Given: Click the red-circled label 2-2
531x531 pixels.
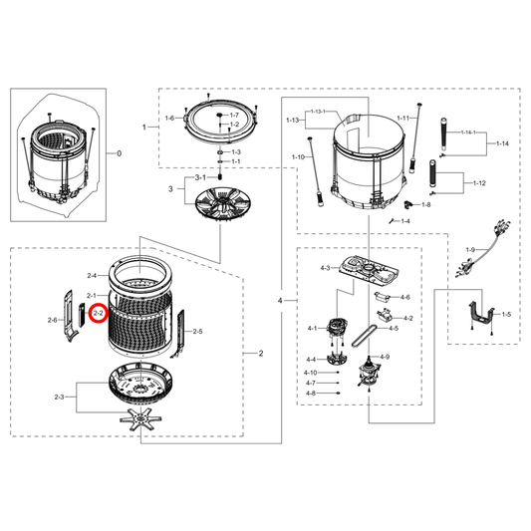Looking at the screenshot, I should [98, 313].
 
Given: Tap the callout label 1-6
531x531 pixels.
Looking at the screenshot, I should [169, 118].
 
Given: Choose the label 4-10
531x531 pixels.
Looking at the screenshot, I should [311, 372].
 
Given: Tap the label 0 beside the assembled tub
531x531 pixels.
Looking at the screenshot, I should [119, 153].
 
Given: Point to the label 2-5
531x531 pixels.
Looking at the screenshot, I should [197, 331].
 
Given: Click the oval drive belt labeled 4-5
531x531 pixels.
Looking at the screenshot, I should [368, 330].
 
